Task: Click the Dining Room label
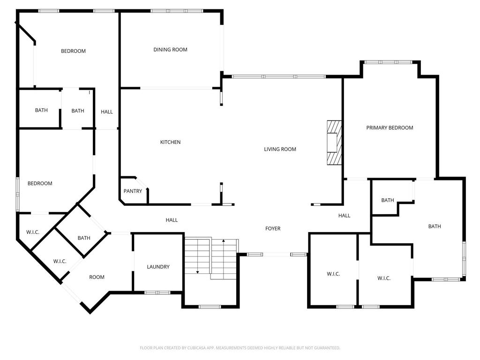(x=170, y=50)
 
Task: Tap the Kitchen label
(x=170, y=142)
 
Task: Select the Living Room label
(x=280, y=149)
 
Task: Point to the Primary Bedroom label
(x=390, y=127)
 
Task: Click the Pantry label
(x=133, y=191)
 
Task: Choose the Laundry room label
(x=158, y=267)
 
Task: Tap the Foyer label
(x=273, y=228)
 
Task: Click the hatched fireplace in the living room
(x=334, y=142)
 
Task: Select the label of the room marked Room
(x=97, y=277)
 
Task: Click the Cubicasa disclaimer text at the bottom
(x=240, y=348)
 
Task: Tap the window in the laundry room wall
(x=157, y=292)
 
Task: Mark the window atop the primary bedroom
(x=389, y=62)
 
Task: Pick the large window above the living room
(x=278, y=76)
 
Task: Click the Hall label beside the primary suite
(x=344, y=216)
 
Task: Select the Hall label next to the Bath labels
(x=106, y=112)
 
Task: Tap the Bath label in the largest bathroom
(x=435, y=226)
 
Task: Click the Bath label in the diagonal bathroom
(x=84, y=238)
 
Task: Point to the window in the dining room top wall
(x=177, y=11)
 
